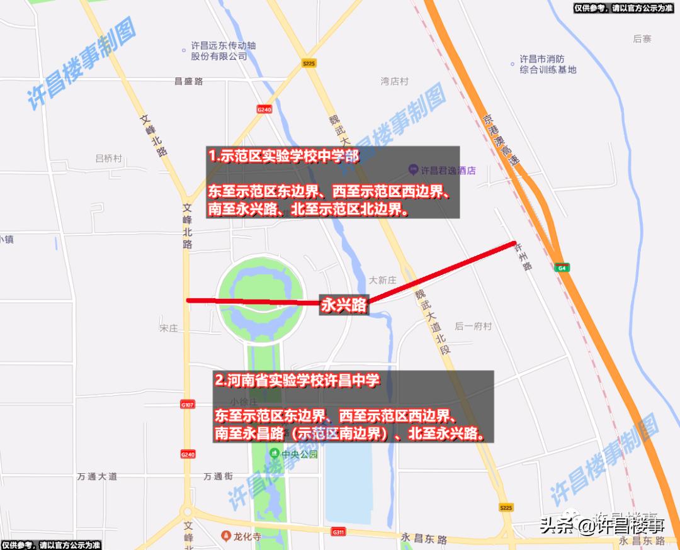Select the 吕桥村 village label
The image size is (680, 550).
pos(108,159)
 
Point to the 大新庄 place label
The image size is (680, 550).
pos(382,279)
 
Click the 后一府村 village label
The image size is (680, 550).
pos(472,326)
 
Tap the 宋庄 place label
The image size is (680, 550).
pos(170,328)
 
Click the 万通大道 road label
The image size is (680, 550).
pos(97,476)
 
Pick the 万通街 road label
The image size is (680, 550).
pos(218,476)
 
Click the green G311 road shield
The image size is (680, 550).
pos(338,532)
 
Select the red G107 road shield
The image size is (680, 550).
pos(187,404)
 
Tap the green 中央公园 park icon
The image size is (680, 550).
pos(275,453)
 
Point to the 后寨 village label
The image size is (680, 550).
pos(642,39)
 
